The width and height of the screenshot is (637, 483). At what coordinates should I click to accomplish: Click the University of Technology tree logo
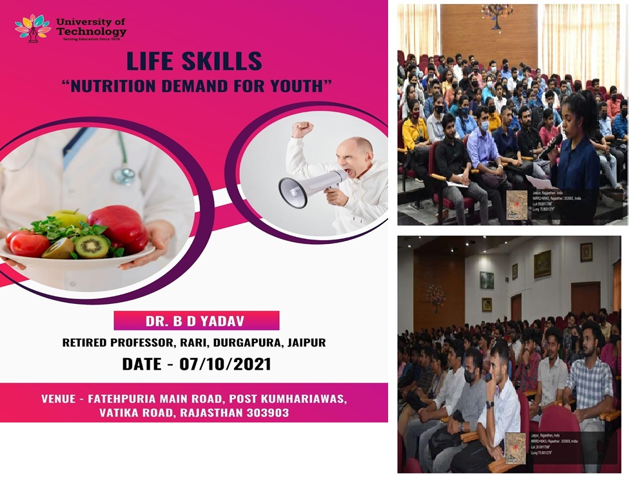(32, 28)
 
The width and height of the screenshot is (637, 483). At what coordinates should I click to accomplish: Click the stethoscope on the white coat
(124, 173)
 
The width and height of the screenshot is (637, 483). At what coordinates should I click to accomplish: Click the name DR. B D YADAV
(196, 320)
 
